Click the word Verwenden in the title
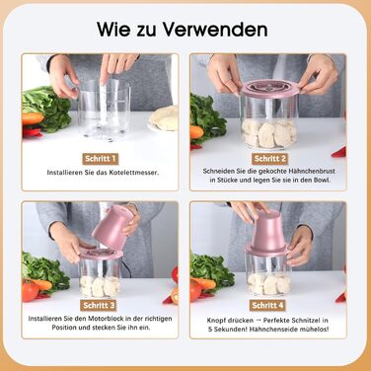215,30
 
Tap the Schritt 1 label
101,159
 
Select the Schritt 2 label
270,159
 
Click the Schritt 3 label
99,305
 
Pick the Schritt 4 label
267,305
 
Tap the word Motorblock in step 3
107,319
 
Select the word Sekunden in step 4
232,330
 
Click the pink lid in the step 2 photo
270,88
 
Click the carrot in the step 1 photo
33,118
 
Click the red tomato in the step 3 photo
30,291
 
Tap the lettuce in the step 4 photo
210,266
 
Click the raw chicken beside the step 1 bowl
164,118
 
